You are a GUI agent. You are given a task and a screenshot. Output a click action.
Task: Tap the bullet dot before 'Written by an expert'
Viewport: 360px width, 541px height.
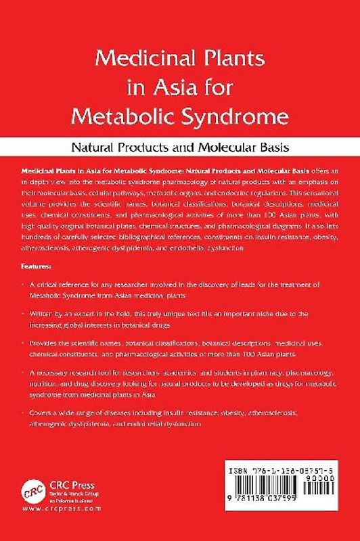tap(23, 314)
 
